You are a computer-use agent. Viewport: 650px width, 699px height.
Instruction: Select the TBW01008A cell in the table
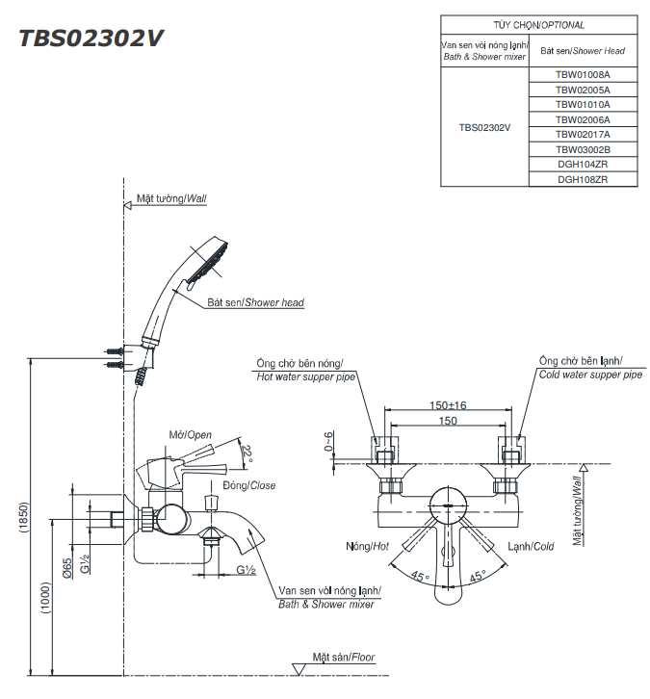583,73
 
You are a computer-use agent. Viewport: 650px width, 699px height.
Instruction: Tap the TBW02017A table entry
583,134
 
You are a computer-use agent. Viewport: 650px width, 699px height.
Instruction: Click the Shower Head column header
583,50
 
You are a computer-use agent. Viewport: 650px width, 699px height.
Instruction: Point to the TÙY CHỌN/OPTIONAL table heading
539,25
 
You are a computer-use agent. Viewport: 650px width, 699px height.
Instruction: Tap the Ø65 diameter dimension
67,567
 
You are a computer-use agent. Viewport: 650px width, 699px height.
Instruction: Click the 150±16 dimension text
448,405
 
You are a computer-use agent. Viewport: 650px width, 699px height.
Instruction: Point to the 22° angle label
247,453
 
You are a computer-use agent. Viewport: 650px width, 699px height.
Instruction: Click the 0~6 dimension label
328,441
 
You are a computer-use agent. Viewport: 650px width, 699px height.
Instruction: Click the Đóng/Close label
248,485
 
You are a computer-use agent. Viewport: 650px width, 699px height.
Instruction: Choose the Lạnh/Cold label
531,546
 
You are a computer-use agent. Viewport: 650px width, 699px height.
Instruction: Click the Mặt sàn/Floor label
343,658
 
